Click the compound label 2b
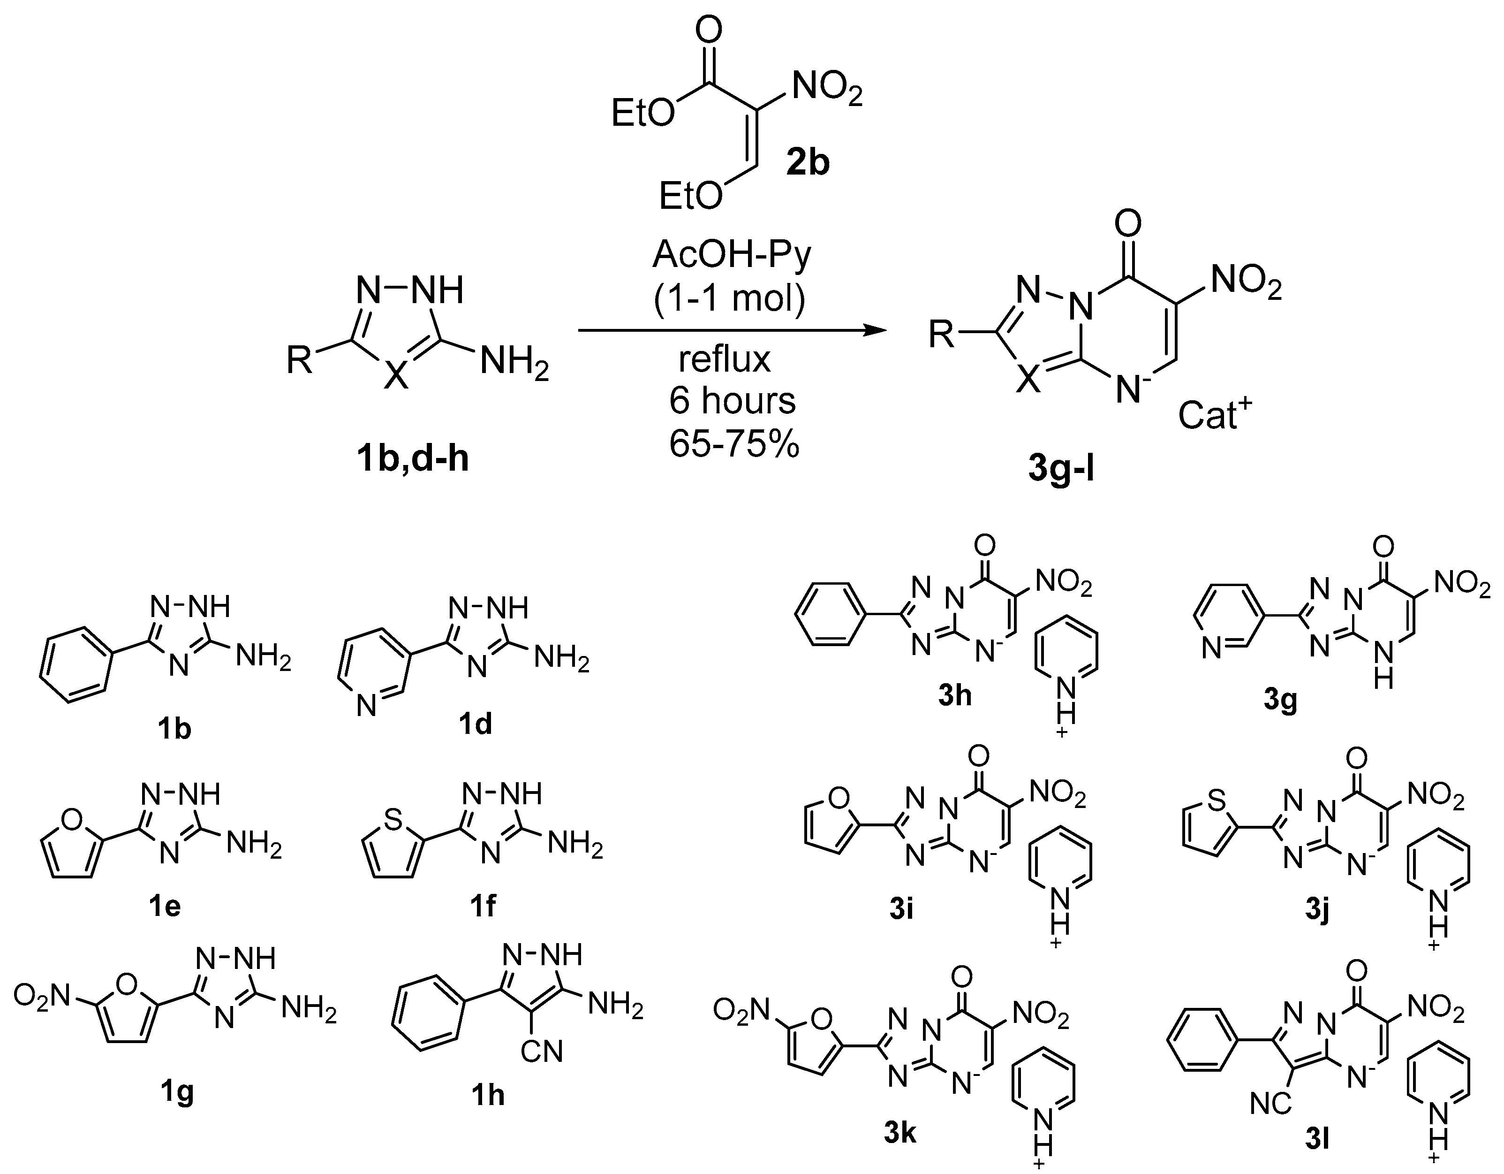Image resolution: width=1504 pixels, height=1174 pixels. [808, 163]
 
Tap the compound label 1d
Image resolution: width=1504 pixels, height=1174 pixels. [475, 724]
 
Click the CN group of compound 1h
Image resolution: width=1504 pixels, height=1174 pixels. [542, 1052]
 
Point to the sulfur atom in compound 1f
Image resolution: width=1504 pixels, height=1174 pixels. [393, 819]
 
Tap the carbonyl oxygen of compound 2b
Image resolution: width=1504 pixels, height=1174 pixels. [709, 30]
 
